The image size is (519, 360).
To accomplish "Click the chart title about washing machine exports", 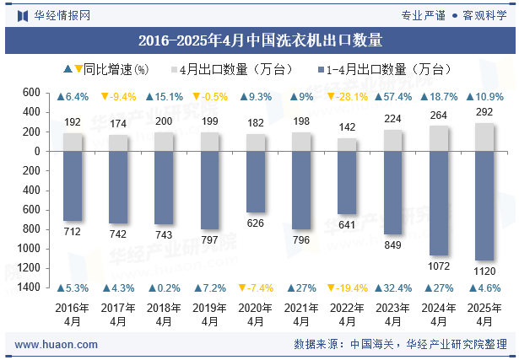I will pos(259,40).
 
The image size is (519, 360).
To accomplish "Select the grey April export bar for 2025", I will pos(484,137).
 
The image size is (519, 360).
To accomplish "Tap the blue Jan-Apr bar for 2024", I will pos(439,203).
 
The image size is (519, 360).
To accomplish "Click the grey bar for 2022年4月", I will pos(347,144).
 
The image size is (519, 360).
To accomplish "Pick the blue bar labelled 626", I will pos(256,181).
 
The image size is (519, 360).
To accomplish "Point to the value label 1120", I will pos(484,271).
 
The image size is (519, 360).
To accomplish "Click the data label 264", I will pos(439,116).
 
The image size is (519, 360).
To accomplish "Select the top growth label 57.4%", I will pos(392,97).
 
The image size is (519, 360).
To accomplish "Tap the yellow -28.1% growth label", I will pos(347,97).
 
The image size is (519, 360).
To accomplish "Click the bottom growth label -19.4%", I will pos(347,287).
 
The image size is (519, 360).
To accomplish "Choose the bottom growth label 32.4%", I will pos(392,287).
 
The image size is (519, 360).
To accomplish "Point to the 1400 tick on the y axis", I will pos(30,287).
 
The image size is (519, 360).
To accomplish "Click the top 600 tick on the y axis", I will pos(32,93).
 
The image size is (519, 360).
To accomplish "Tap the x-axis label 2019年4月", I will pos(210,314).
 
